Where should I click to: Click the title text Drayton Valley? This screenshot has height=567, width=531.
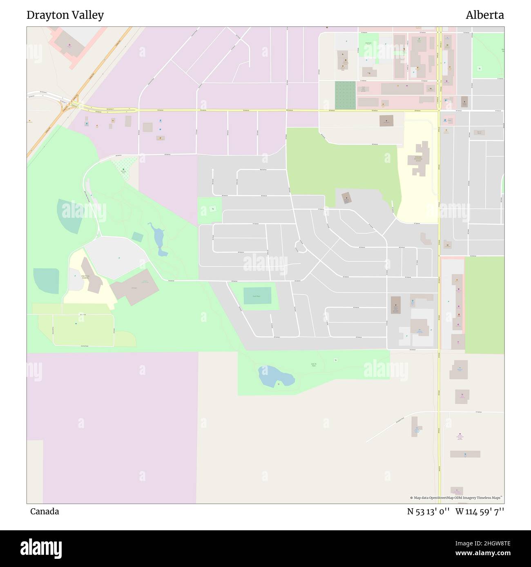[x=65, y=15]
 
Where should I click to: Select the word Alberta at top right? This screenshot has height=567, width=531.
[x=484, y=15]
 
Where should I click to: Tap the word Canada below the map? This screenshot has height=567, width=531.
[x=44, y=511]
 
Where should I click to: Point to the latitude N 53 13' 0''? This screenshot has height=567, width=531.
[x=428, y=511]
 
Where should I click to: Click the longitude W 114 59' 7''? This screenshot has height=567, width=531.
[x=480, y=511]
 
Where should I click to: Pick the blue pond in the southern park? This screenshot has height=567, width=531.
[x=275, y=377]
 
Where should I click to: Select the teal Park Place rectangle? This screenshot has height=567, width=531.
[x=257, y=296]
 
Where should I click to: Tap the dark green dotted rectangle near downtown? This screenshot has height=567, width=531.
[x=345, y=95]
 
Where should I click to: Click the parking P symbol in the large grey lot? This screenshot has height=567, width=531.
[x=119, y=258]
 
